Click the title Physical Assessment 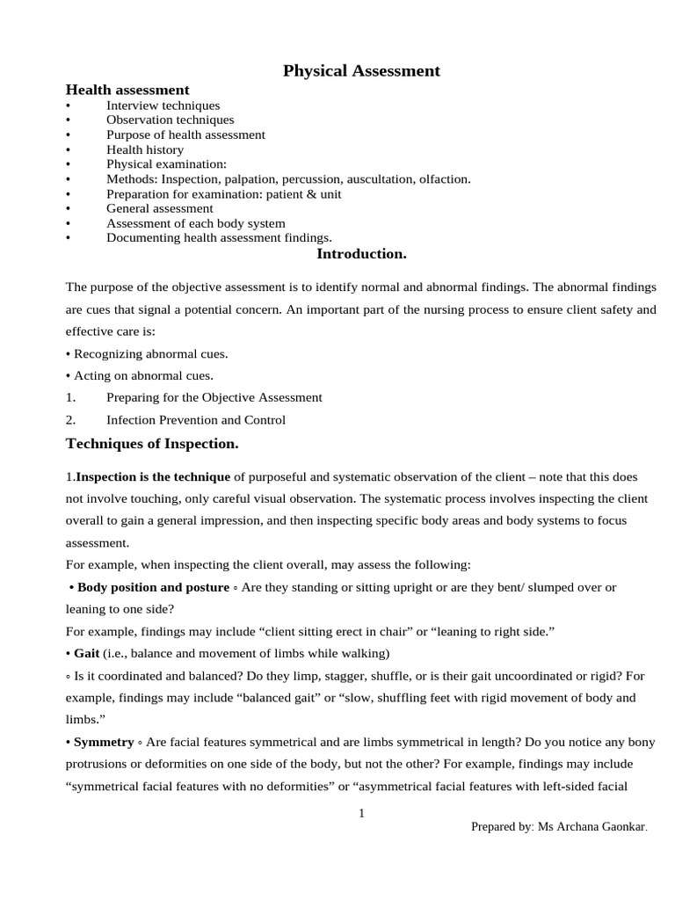coord(361,71)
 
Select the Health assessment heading coord(127,90)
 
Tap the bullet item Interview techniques coord(163,105)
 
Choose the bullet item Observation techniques coord(170,120)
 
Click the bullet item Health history coord(145,149)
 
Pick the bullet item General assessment coord(159,209)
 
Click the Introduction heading coord(361,254)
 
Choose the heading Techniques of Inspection coord(152,445)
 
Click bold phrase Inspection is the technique coord(153,476)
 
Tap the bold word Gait coord(86,653)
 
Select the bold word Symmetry coord(104,743)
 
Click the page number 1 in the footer coord(361,814)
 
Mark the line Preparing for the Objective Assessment coord(214,397)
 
